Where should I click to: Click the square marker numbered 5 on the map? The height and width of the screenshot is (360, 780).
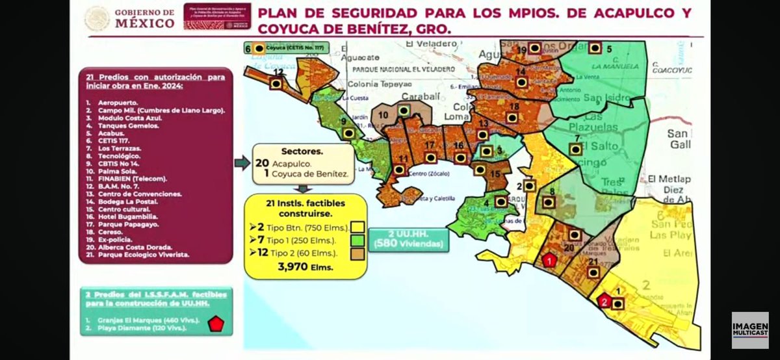[595, 47]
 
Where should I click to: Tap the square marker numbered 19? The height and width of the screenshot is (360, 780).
[534, 47]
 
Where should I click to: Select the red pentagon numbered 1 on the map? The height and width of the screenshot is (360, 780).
[549, 261]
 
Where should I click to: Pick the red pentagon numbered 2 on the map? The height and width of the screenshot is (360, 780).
[604, 302]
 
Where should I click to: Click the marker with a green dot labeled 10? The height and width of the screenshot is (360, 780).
[404, 111]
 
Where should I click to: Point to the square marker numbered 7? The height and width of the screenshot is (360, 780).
[575, 149]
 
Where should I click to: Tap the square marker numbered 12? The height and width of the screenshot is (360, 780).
[276, 84]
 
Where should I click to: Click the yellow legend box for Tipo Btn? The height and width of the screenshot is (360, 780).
[357, 227]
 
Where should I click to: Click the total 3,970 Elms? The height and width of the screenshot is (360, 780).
[305, 267]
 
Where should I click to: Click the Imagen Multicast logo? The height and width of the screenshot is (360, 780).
[749, 328]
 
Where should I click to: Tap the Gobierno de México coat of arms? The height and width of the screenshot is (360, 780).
[97, 18]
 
